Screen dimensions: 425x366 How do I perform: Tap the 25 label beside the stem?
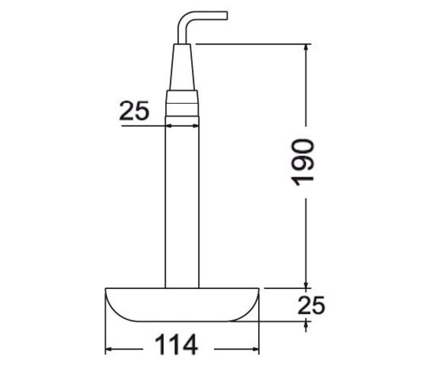click(134, 110)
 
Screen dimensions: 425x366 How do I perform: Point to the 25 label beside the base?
click(311, 305)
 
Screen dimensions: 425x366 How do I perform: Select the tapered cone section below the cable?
click(182, 67)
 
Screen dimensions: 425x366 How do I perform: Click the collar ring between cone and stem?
click(182, 103)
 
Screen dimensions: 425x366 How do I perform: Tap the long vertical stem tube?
click(182, 202)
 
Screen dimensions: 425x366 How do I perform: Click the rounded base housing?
click(182, 305)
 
